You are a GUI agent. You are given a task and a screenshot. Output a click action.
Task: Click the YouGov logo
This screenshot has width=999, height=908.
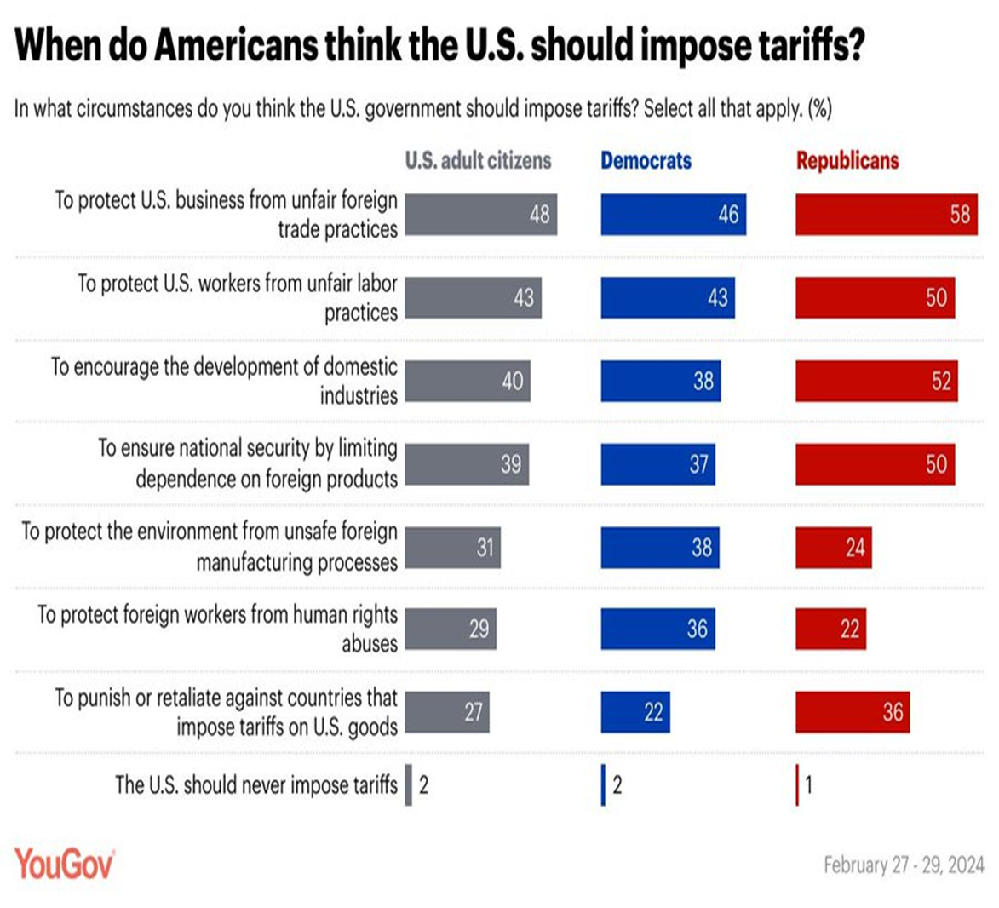click(64, 864)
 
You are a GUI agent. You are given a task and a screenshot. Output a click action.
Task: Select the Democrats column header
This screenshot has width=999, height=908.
click(646, 160)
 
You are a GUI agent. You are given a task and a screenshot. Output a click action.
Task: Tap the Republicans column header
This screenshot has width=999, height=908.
click(847, 160)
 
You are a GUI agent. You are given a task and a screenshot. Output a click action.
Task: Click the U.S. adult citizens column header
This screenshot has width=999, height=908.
click(478, 160)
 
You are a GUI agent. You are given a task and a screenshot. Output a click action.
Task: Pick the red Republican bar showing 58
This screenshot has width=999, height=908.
click(886, 214)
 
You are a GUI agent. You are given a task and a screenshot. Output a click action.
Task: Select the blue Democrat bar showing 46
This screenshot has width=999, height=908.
click(673, 214)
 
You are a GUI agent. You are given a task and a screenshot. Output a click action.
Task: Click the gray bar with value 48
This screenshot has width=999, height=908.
click(480, 214)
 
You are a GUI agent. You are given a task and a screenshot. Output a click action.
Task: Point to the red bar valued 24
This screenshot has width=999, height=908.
click(833, 547)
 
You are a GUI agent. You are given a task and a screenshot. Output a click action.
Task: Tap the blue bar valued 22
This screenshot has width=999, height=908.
click(634, 712)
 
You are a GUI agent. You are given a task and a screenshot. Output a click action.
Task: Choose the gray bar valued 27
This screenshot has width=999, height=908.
click(446, 712)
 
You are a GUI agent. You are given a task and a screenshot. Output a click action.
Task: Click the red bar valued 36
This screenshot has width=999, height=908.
click(852, 712)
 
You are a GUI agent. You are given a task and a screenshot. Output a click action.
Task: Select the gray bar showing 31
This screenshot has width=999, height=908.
click(452, 547)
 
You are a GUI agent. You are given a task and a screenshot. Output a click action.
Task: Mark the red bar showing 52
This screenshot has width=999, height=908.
click(876, 381)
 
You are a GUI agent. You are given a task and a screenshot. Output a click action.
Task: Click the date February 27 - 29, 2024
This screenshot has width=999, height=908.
click(903, 865)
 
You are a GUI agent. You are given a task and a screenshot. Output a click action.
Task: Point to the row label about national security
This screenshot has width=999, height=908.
click(247, 463)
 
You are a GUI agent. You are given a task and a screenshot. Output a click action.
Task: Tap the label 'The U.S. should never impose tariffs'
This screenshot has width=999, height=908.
click(255, 784)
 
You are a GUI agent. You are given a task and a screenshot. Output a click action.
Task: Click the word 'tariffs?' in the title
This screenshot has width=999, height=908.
click(801, 44)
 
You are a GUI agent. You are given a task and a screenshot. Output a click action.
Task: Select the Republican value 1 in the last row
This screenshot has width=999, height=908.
click(807, 784)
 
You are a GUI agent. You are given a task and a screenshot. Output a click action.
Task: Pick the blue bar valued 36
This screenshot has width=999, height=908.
click(657, 629)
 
